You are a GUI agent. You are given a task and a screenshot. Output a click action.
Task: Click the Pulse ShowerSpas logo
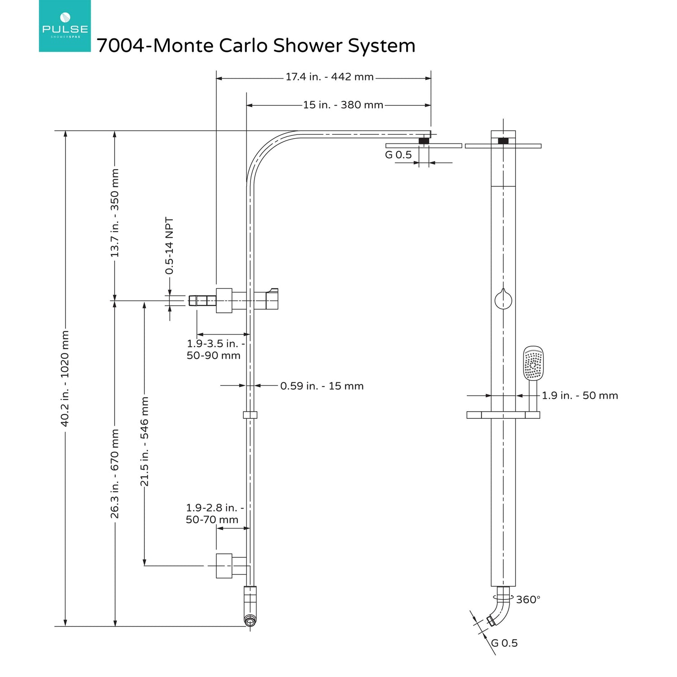[65, 26]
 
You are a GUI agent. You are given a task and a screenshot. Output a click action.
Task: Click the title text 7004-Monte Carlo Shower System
[256, 46]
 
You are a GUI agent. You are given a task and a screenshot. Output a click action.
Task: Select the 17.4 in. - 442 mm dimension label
[329, 77]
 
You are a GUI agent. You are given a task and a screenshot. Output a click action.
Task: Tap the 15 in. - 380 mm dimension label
[343, 105]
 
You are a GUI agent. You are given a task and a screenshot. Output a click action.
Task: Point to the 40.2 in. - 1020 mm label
[65, 378]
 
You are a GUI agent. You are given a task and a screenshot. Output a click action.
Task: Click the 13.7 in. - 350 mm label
[115, 213]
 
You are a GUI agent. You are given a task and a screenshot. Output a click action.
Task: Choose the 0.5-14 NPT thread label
[169, 246]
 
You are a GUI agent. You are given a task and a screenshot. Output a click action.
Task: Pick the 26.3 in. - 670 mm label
[115, 473]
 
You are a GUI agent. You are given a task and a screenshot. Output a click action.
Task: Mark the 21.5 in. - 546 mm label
[144, 441]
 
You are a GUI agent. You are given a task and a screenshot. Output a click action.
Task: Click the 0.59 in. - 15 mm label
[322, 386]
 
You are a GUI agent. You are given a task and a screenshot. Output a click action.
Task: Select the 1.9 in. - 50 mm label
[580, 396]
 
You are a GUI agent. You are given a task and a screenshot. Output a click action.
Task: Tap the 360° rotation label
[528, 600]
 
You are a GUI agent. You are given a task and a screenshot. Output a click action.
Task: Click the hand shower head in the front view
[533, 363]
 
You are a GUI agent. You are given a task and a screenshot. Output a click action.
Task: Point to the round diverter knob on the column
[503, 300]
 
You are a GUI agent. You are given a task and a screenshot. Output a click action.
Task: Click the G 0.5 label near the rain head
[398, 155]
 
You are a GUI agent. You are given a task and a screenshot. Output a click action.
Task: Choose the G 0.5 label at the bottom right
[505, 643]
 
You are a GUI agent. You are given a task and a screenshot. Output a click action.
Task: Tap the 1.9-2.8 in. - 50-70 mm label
[214, 514]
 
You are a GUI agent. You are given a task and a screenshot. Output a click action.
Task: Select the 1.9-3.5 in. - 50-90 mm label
[215, 350]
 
